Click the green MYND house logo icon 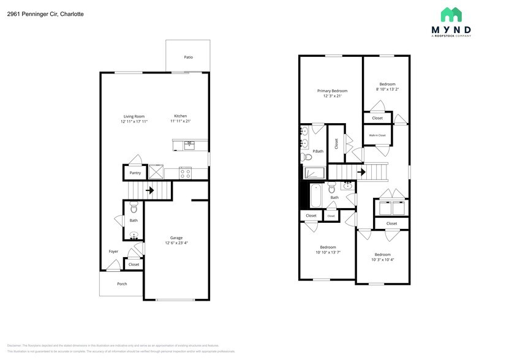click(x=451, y=15)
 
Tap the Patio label click(x=188, y=57)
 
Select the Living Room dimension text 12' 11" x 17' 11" click(x=134, y=122)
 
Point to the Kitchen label click(x=180, y=116)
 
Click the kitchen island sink click(x=189, y=145)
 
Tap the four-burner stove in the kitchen click(x=185, y=173)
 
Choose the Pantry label click(x=135, y=173)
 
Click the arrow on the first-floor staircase click(x=149, y=190)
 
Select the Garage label click(x=176, y=238)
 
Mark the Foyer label click(x=113, y=251)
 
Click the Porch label click(x=121, y=283)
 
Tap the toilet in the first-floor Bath click(x=134, y=209)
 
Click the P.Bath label click(x=317, y=151)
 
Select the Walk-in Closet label click(x=377, y=135)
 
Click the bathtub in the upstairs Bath click(x=316, y=196)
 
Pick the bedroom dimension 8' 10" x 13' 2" click(x=386, y=89)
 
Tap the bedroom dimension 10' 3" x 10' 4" click(x=382, y=260)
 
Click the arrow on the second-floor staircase click(x=361, y=172)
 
